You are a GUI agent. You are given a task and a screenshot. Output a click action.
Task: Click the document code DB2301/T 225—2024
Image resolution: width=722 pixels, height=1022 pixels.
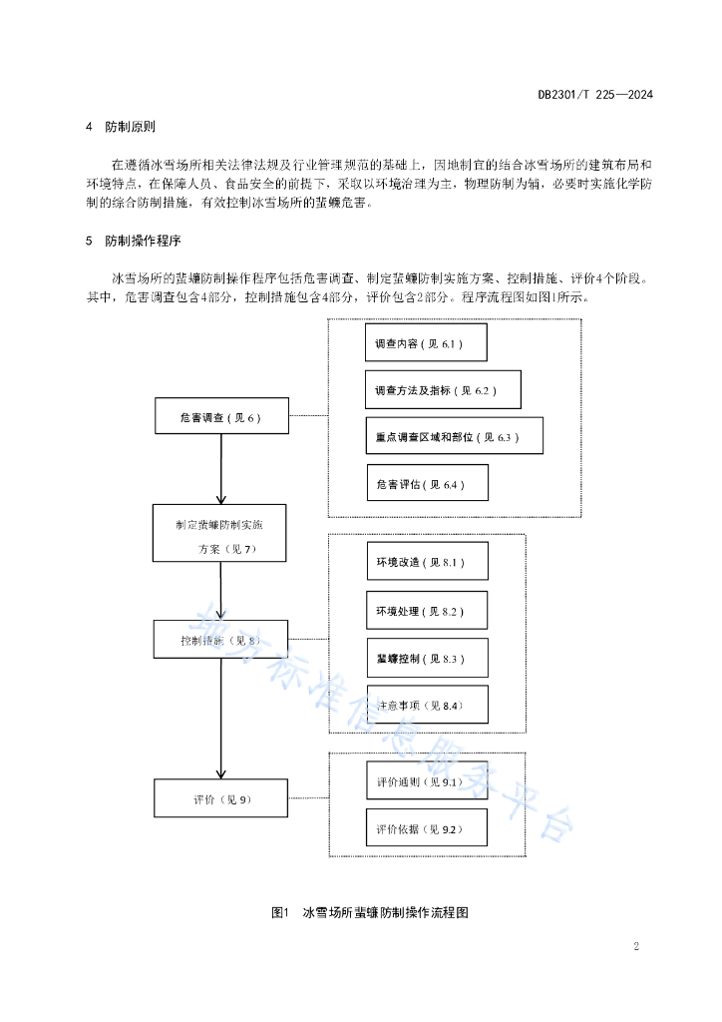(595, 95)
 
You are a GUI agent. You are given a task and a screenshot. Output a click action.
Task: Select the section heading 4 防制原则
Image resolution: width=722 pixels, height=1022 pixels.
(121, 127)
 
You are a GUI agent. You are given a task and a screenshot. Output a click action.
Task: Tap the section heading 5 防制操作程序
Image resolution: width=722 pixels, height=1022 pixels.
(134, 241)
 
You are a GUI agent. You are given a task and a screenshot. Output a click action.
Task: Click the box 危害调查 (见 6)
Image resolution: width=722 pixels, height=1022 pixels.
(221, 416)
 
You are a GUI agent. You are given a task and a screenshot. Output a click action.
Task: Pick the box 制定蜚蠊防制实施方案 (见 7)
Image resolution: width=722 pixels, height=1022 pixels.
(219, 533)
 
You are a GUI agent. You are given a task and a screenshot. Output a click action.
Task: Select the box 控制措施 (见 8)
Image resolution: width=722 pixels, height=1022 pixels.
(220, 640)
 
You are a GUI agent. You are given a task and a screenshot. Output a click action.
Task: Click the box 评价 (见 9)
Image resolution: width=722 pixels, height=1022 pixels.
(220, 797)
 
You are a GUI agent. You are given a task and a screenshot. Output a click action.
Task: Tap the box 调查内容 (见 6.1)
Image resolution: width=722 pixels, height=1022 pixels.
(426, 342)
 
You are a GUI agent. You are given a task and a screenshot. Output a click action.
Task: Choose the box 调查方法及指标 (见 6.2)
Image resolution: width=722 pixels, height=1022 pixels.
(443, 390)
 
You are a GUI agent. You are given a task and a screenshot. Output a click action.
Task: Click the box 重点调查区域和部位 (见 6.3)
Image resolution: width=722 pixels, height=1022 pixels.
(455, 435)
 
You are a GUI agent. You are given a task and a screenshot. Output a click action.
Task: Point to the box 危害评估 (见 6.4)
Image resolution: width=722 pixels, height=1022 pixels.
(428, 482)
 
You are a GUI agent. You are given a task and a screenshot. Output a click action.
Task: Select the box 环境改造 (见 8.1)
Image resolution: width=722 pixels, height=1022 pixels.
(428, 561)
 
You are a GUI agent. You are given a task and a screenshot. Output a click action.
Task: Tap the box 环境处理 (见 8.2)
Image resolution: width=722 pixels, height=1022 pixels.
(427, 610)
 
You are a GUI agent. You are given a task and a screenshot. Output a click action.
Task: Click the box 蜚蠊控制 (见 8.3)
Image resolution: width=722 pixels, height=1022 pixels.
(428, 658)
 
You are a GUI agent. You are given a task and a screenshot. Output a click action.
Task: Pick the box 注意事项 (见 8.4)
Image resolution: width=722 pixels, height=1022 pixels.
(428, 704)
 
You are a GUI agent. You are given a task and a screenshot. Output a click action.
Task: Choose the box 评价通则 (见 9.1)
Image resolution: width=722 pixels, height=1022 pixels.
(427, 780)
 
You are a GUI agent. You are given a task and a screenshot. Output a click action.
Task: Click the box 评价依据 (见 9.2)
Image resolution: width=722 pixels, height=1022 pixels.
(427, 827)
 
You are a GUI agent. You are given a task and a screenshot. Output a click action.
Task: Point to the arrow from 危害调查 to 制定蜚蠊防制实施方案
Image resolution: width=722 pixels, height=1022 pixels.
(221, 469)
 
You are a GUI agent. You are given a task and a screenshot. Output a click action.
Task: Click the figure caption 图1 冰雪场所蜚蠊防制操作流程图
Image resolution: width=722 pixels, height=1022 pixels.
(370, 912)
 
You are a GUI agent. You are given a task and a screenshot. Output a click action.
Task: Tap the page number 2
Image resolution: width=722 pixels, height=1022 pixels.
(636, 946)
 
